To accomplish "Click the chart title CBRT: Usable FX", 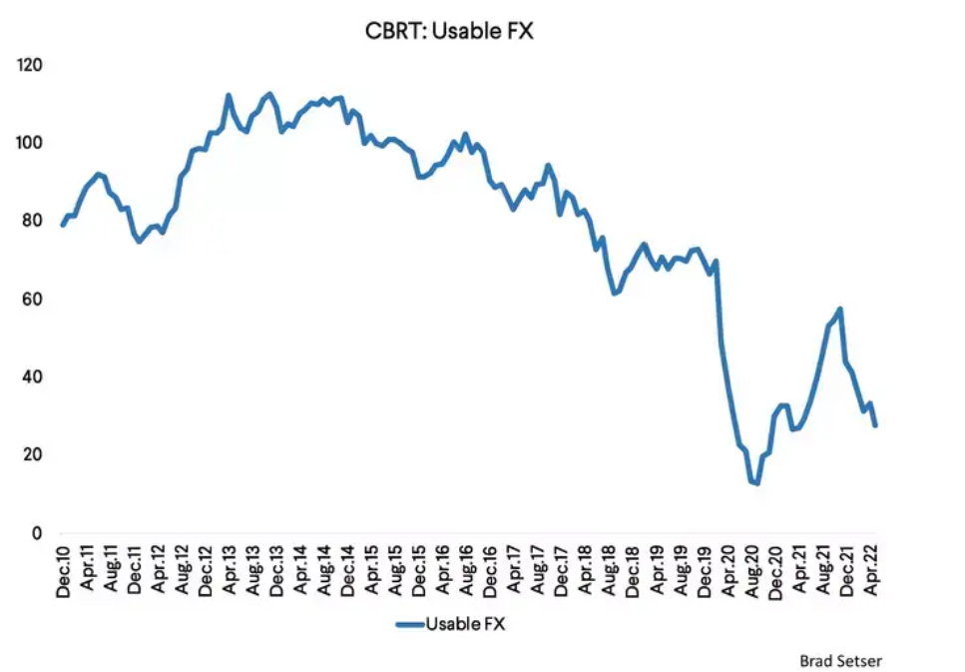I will point(450,31).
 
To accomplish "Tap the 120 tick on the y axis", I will point(30,65).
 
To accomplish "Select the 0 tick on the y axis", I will point(38,533).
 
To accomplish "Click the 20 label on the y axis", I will point(33,455).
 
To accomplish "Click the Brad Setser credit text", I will point(840,660).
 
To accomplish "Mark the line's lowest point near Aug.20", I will point(757,483).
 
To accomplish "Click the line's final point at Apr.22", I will point(875,426).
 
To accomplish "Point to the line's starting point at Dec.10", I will point(63,225).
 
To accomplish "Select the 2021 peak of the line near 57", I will point(840,309).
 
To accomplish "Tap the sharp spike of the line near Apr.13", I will point(229,95).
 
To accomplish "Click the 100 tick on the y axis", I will point(30,143).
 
